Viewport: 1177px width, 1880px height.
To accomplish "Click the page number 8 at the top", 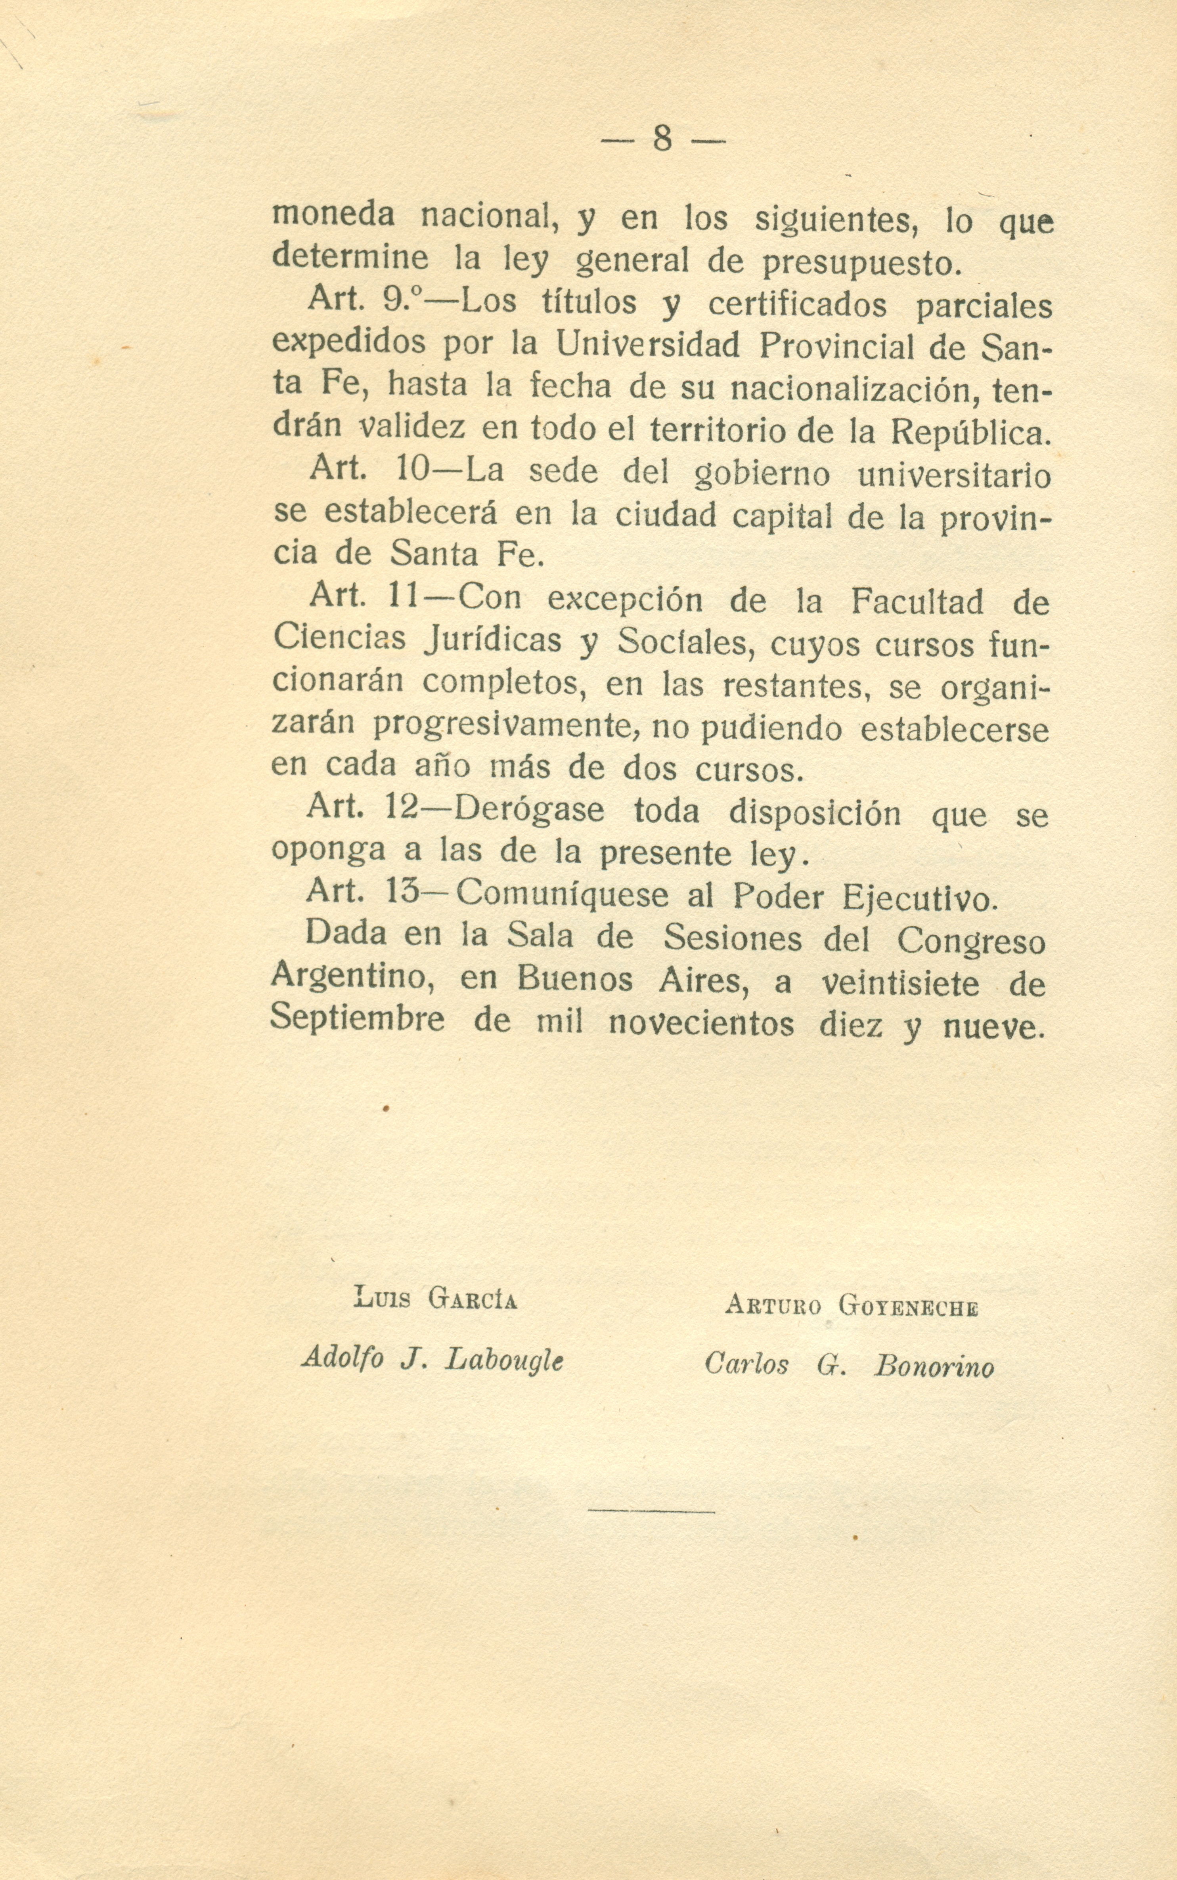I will [662, 139].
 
